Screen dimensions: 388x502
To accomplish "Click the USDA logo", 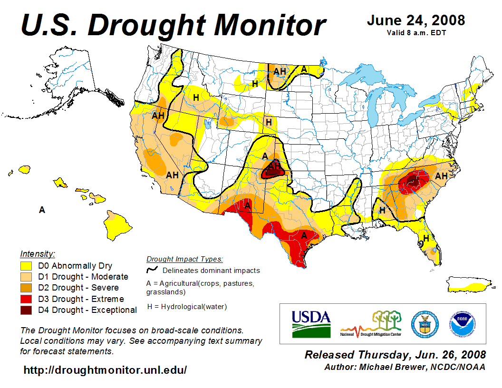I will point(311,323).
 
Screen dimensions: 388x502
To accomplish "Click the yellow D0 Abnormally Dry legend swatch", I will point(26,266).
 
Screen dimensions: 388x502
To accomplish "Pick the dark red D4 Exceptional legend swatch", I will point(26,310).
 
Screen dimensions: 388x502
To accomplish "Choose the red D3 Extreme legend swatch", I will point(26,299).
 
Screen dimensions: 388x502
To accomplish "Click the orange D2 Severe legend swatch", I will point(26,288).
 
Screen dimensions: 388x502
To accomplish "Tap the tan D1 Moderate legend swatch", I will point(26,277).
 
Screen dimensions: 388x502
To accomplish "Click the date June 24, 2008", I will point(415,20).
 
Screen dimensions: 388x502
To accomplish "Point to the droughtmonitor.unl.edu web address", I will point(105,369).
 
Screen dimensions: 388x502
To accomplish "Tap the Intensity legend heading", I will point(38,254).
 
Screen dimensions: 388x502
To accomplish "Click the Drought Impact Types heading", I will point(184,259).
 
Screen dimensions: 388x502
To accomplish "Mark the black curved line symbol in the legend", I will point(152,271).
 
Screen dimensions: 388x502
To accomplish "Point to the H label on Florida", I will point(426,238).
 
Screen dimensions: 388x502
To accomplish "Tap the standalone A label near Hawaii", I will point(42,210).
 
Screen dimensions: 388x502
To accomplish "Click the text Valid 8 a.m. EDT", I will point(415,33).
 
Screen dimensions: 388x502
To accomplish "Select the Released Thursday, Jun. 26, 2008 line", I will point(395,355).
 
